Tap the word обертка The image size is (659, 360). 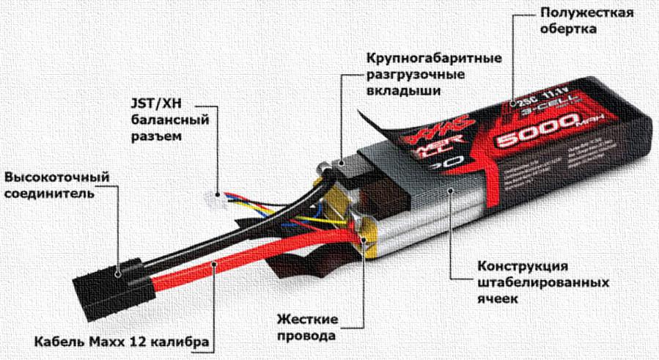tap(567, 30)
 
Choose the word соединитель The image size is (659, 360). tap(49, 194)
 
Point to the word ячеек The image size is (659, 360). tap(499, 299)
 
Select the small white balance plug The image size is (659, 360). tap(215, 196)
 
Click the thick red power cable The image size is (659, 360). tap(242, 254)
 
